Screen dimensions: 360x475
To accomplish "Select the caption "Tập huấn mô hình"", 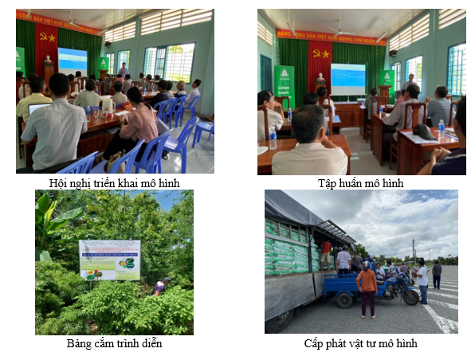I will click(x=360, y=183).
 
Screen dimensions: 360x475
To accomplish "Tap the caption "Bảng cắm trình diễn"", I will click(x=114, y=343).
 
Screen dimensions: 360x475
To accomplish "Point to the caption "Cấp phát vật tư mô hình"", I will click(x=360, y=343).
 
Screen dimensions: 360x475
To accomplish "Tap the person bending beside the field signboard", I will click(x=161, y=285).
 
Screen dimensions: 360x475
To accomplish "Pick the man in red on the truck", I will click(x=326, y=253).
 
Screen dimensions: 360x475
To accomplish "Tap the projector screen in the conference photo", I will click(x=73, y=60).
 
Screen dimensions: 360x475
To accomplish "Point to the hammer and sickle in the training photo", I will click(x=321, y=53).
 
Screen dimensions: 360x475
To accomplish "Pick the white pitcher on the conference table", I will click(x=107, y=104).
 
